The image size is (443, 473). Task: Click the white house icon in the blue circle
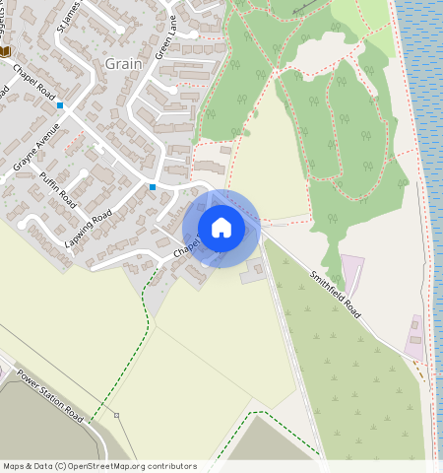coord(221,228)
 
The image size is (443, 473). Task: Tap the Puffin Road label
coord(59,186)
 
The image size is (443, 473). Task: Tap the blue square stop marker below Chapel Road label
coord(60,104)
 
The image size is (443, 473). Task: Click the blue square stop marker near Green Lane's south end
coord(153,186)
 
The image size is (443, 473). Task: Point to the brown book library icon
coord(6,51)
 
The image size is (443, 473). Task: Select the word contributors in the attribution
coord(170,466)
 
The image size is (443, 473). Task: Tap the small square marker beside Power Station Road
coord(116,416)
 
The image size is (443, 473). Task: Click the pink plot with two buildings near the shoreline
coord(415,338)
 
